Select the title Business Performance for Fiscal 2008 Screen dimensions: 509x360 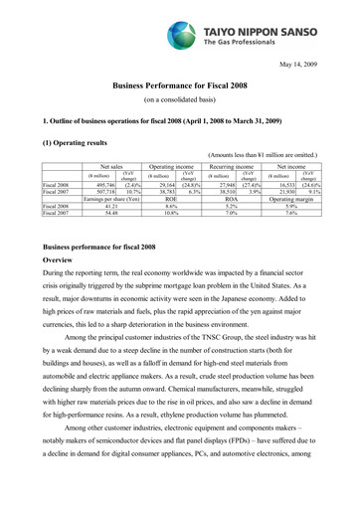point(180,88)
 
